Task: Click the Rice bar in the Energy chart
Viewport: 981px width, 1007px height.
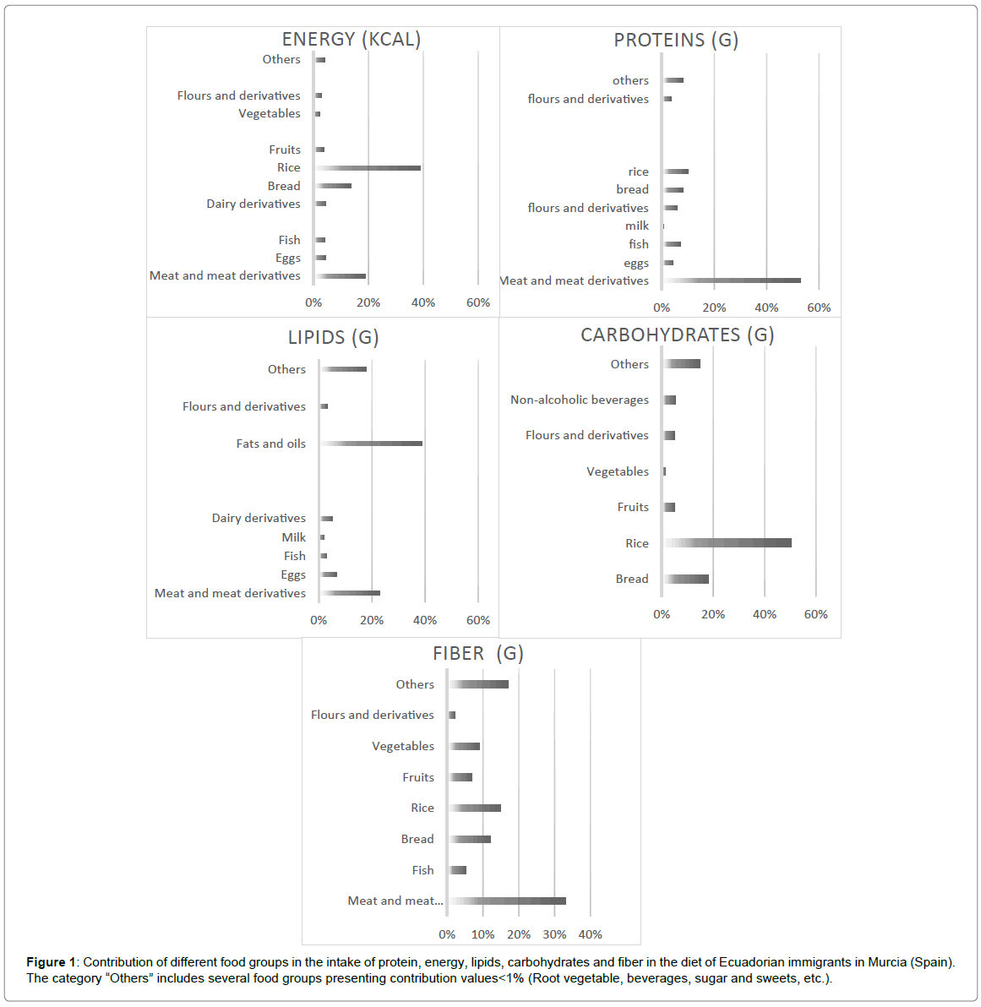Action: pyautogui.click(x=368, y=168)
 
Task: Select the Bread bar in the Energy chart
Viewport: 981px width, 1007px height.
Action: pyautogui.click(x=334, y=186)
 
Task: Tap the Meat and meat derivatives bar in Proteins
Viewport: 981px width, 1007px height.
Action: pyautogui.click(x=732, y=280)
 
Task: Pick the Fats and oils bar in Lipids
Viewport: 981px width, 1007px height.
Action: pyautogui.click(x=372, y=444)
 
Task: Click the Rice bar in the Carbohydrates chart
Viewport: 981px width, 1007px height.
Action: pyautogui.click(x=728, y=543)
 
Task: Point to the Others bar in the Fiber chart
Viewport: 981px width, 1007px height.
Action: pyautogui.click(x=479, y=684)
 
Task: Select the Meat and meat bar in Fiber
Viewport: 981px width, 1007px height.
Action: pyautogui.click(x=508, y=901)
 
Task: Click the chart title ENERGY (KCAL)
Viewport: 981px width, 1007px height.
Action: pyautogui.click(x=351, y=40)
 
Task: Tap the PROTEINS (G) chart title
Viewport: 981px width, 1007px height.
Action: pyautogui.click(x=676, y=41)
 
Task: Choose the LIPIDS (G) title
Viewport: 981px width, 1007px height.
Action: pyautogui.click(x=333, y=338)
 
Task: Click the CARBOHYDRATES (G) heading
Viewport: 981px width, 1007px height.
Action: pyautogui.click(x=677, y=335)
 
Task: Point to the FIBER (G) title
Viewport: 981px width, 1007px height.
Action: pyautogui.click(x=477, y=654)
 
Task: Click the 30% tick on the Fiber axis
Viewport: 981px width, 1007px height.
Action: pyautogui.click(x=554, y=934)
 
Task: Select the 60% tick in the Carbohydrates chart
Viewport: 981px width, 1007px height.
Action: pyautogui.click(x=815, y=614)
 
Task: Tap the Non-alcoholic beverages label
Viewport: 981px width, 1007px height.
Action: pyautogui.click(x=580, y=400)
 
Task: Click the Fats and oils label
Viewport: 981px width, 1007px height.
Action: pyautogui.click(x=270, y=444)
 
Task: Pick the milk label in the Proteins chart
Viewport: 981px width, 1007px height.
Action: pyautogui.click(x=637, y=226)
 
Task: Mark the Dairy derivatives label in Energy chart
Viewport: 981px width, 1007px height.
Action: pyautogui.click(x=253, y=204)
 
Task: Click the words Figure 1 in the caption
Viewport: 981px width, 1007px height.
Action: pyautogui.click(x=50, y=962)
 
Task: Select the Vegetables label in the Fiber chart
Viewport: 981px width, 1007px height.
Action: pyautogui.click(x=403, y=746)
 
